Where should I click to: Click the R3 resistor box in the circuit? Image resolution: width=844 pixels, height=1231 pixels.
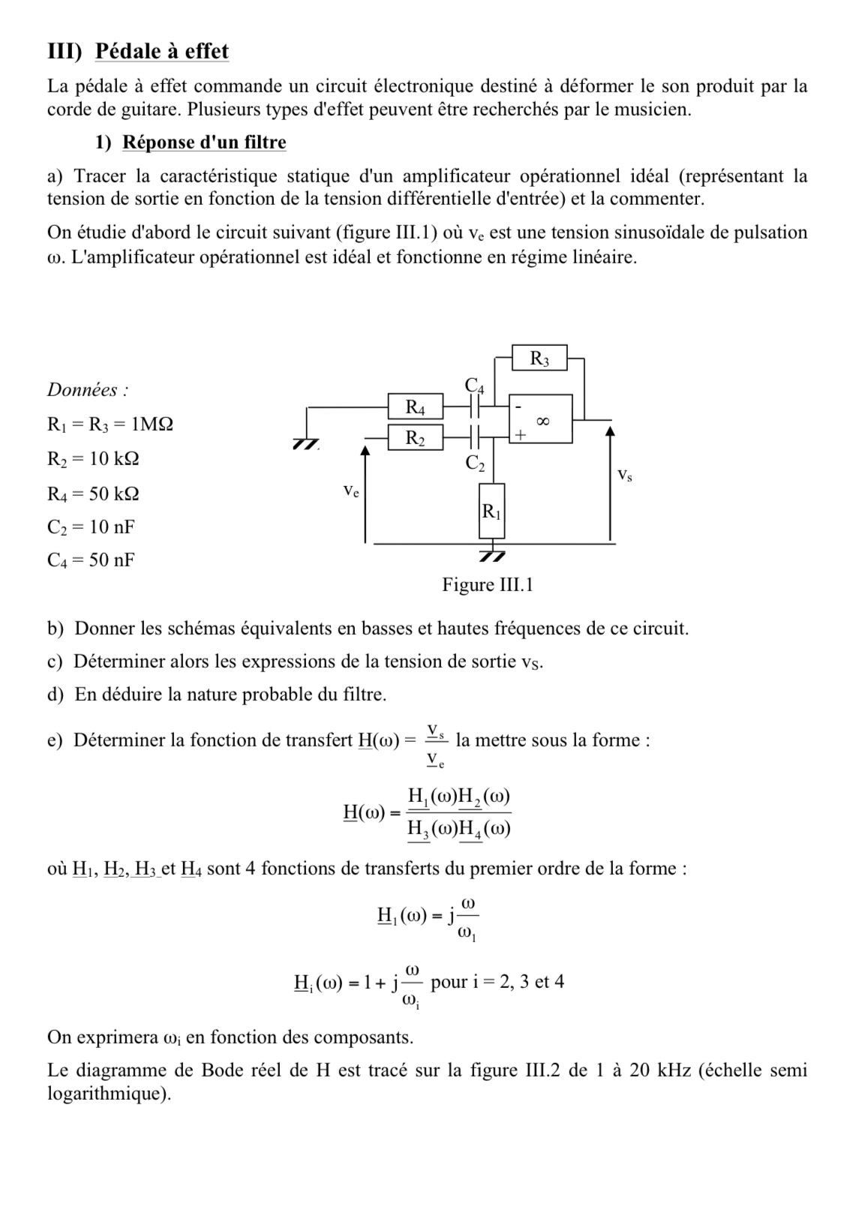click(539, 359)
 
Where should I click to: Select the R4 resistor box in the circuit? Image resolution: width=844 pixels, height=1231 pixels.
click(415, 408)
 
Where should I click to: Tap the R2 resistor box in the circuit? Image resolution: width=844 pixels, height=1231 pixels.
click(415, 437)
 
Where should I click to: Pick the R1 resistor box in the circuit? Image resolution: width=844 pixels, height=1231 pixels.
click(491, 512)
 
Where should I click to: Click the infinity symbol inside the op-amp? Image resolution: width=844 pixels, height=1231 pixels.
click(545, 422)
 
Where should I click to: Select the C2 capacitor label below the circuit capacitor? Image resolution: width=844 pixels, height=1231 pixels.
click(475, 464)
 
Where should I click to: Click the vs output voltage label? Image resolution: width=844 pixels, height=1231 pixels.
click(624, 475)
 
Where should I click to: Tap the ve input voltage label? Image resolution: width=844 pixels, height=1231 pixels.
click(350, 491)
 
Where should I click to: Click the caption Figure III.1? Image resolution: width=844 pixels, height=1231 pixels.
click(487, 584)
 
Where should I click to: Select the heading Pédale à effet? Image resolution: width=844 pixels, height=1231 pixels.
click(162, 52)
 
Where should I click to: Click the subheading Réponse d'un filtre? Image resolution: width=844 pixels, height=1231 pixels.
click(204, 142)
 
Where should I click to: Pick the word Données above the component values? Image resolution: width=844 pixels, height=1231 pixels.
click(84, 390)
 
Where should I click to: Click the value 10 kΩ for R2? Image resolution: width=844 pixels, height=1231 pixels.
click(114, 458)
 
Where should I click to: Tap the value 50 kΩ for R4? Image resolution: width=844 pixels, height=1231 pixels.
click(114, 494)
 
